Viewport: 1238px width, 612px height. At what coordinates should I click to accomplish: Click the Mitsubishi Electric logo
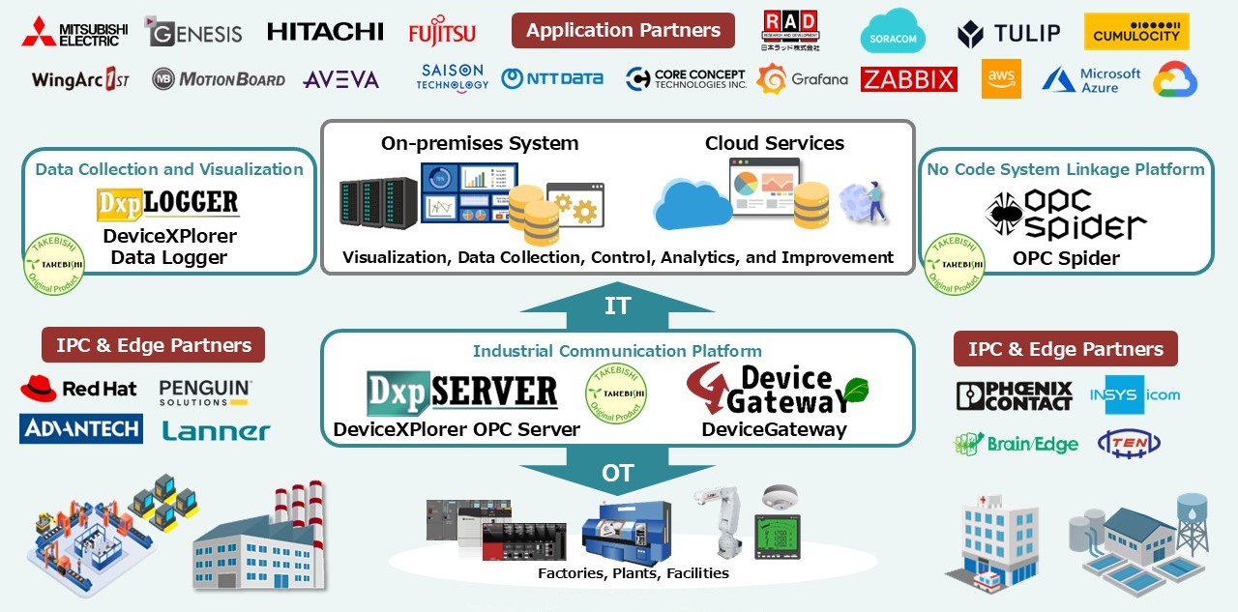coord(74,31)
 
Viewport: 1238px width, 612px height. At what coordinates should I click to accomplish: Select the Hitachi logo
coord(325,32)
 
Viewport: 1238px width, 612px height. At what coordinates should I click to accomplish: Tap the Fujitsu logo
coord(442,32)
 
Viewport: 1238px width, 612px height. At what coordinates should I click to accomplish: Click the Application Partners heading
coord(623,30)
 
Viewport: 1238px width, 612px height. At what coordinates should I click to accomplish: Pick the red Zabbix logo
coord(908,79)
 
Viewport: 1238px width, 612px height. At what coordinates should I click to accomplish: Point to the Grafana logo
coord(802,79)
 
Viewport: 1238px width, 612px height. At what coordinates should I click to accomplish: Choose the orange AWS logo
coord(1001,79)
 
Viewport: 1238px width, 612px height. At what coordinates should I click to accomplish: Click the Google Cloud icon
coord(1175,79)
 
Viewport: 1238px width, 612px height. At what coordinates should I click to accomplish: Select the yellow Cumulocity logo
coord(1136,32)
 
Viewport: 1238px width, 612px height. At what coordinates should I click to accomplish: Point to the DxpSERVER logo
coord(462,393)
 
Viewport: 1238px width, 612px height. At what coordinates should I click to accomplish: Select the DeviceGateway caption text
coord(774,429)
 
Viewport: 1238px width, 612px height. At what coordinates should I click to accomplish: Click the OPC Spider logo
coord(1066,215)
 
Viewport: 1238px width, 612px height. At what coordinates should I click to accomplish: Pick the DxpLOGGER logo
coord(168,203)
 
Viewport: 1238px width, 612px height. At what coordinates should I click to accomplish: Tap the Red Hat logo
coord(78,389)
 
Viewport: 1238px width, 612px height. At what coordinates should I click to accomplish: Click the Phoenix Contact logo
coord(1014,395)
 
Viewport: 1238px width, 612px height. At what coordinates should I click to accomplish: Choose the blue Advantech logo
coord(81,428)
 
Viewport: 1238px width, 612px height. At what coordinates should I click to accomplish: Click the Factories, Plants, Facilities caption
coord(634,573)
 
